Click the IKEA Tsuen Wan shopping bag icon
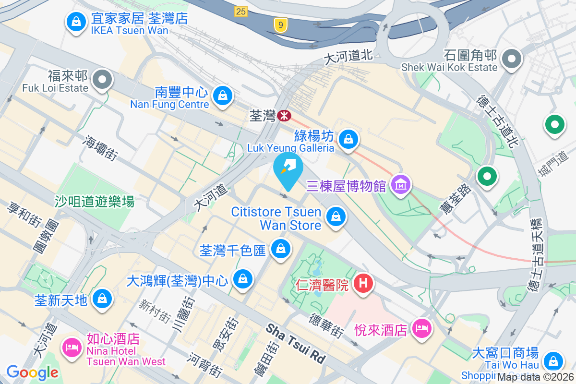(x=76, y=21)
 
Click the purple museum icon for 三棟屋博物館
(x=401, y=184)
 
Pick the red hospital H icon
(x=363, y=283)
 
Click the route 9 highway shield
(x=281, y=24)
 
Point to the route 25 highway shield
(x=241, y=11)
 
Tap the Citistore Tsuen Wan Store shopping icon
(x=336, y=217)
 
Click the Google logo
(x=32, y=372)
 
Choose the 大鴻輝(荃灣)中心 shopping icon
(x=243, y=278)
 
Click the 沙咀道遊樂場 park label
(x=95, y=202)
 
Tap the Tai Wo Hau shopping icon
(x=553, y=360)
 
